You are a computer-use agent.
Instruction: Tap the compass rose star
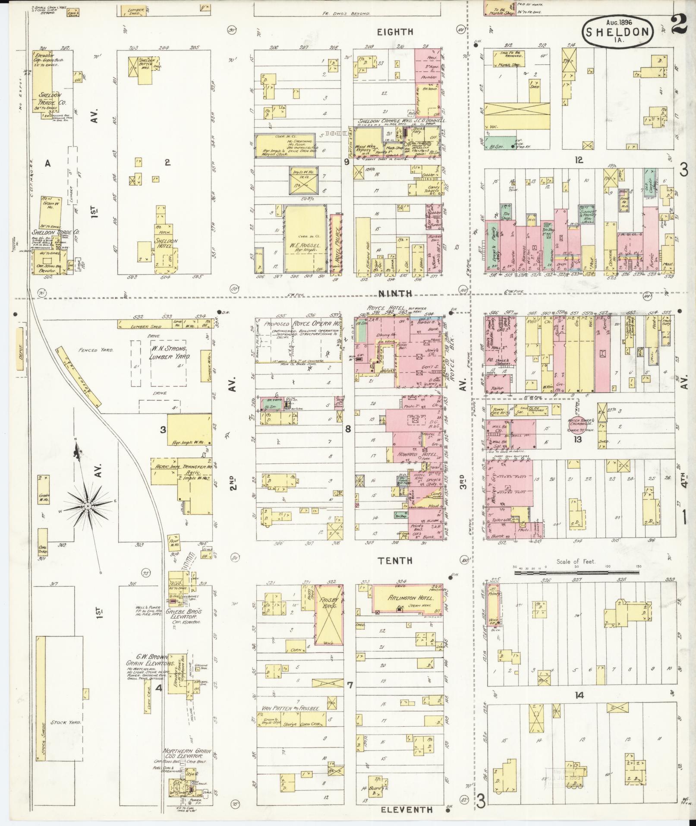click(x=88, y=505)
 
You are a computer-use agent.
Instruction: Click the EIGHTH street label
click(x=395, y=32)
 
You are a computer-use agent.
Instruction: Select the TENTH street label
click(x=395, y=561)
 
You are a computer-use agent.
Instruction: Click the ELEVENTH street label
click(x=406, y=810)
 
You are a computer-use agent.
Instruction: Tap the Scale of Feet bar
click(x=576, y=573)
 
